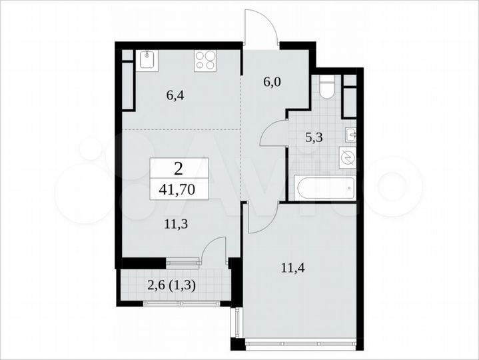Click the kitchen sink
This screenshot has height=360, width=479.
pos(148,61)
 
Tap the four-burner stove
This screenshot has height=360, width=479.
pos(205,61)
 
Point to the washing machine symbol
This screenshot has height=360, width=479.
pos(348,158)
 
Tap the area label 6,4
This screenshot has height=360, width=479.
pos(175,95)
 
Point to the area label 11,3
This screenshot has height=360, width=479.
pos(175,224)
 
